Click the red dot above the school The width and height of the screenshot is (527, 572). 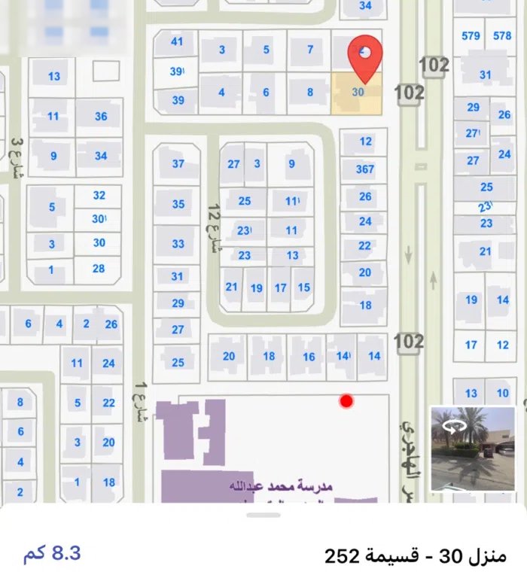coord(346,401)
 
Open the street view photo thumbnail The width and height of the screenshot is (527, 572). coord(472,449)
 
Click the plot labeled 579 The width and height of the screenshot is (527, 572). coord(471,35)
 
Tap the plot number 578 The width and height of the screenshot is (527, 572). coord(502,35)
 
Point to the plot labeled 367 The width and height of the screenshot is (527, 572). coord(365,169)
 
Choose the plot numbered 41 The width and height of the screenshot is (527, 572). coord(177,42)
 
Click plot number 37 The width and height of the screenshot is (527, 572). coord(178,163)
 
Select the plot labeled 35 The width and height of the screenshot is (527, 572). coord(178,204)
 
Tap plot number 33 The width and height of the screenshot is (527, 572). coord(178,244)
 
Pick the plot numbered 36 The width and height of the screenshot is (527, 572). coord(101,117)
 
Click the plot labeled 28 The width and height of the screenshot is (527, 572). coord(99,269)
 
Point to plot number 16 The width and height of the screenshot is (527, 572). coord(309,357)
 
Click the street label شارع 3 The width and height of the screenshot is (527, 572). coord(16,158)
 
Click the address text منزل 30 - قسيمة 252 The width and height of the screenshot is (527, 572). coord(416,556)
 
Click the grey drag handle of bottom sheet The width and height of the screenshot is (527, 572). coord(263,515)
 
